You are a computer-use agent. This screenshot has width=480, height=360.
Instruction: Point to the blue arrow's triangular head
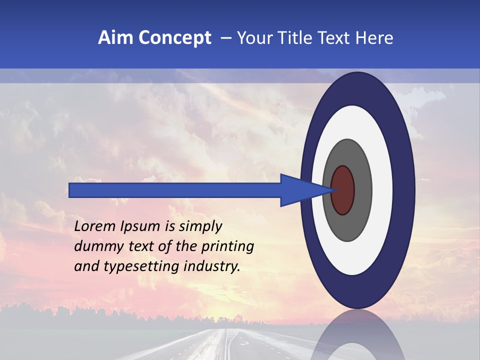(x=300, y=190)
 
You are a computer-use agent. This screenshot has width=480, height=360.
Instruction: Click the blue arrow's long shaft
(x=175, y=190)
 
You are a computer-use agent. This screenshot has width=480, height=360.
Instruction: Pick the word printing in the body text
(x=227, y=247)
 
